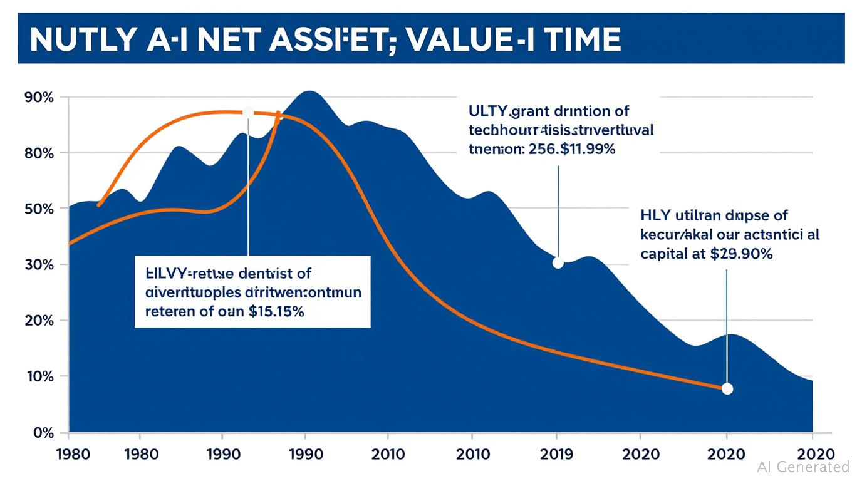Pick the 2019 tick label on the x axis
558,453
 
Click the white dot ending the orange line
727,389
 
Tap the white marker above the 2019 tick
558,263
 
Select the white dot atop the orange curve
247,113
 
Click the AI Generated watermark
802,467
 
